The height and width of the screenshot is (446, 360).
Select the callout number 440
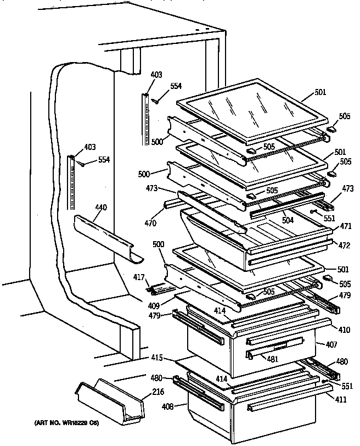tap(101, 208)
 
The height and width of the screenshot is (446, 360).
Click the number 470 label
tap(150, 223)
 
